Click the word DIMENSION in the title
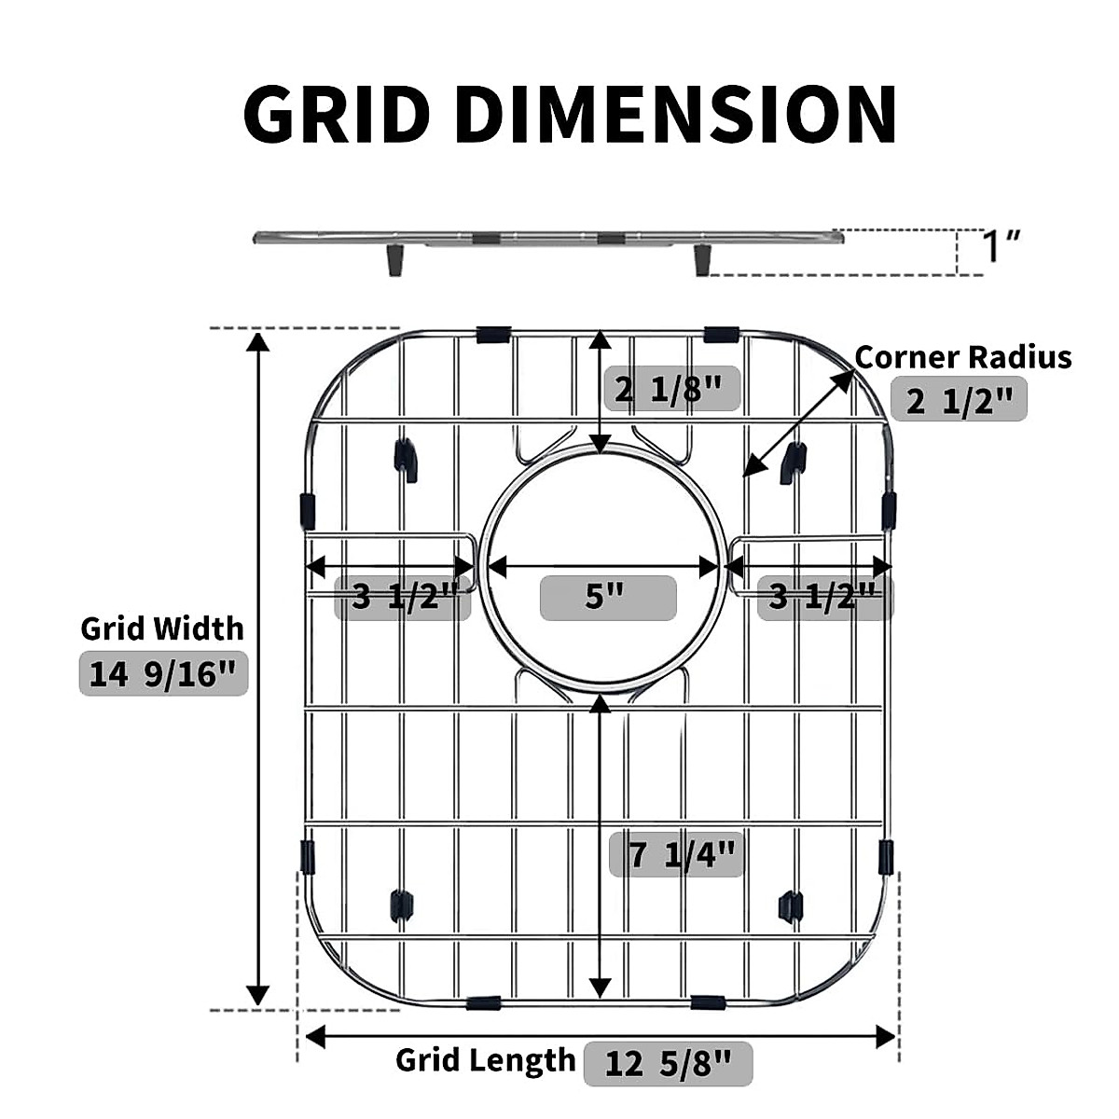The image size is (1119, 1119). pyautogui.click(x=676, y=113)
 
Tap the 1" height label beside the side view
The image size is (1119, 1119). pyautogui.click(x=1001, y=246)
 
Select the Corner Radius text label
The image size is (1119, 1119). pyautogui.click(x=962, y=357)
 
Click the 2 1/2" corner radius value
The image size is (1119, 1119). pyautogui.click(x=959, y=400)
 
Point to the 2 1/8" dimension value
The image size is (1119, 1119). pyautogui.click(x=672, y=389)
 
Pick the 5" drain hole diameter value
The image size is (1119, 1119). pyautogui.click(x=608, y=598)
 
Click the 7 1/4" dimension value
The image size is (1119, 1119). pyautogui.click(x=676, y=854)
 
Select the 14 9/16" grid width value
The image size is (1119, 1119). pyautogui.click(x=163, y=673)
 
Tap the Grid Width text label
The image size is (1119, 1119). pyautogui.click(x=162, y=629)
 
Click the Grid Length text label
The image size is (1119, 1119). pyautogui.click(x=485, y=1060)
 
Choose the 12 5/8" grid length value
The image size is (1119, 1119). pyautogui.click(x=668, y=1063)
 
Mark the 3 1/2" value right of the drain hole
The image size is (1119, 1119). pyautogui.click(x=824, y=598)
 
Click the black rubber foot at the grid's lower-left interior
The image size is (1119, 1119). pyautogui.click(x=401, y=905)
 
